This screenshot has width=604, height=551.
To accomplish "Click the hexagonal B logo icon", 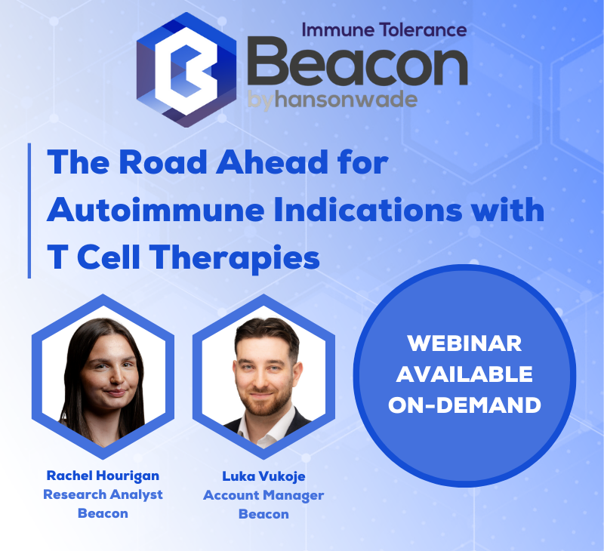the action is pos(186,69).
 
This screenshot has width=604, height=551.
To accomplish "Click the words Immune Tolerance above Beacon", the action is pos(384,30).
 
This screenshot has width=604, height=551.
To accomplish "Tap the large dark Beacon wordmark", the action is pos(357,63).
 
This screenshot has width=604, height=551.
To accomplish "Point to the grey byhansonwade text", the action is pos(332,100).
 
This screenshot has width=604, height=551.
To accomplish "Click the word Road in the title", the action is pos(163,162).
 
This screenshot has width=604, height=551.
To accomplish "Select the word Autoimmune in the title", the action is pos(156,210).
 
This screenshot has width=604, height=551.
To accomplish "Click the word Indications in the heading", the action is pos(368,210).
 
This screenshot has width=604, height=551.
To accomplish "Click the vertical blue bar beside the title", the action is pos(29,211).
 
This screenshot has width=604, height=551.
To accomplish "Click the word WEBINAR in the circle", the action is pos(464,343).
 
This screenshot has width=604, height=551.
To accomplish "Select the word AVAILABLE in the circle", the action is pos(464,374).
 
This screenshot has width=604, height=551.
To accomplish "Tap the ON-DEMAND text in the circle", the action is pos(464,405).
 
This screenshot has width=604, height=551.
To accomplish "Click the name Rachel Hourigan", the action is pos(103,476).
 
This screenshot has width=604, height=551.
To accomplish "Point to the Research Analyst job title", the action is pos(103,495).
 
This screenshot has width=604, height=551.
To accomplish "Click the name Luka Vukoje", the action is pos(263,476).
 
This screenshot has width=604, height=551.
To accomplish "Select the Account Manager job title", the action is pos(263,496).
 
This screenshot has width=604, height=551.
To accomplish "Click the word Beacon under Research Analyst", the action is pos(103,513).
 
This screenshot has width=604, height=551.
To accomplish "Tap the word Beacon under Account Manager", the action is pos(263,514).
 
